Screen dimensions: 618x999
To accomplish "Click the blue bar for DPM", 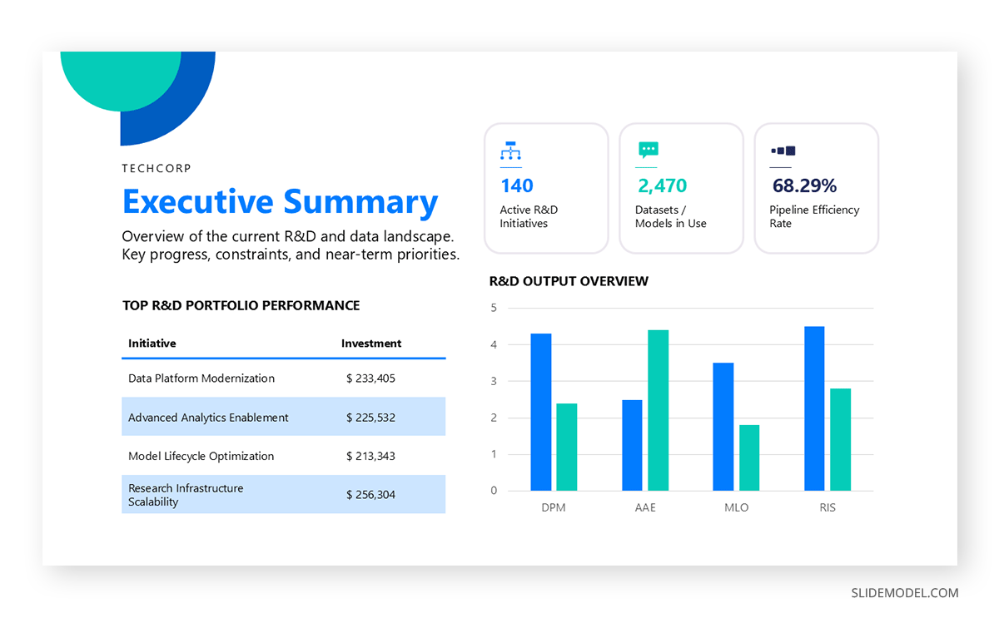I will (541, 412).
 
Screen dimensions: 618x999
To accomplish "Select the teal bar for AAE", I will (658, 410).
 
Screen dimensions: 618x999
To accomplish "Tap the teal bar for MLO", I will (749, 457).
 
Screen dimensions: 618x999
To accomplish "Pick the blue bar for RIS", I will (814, 408).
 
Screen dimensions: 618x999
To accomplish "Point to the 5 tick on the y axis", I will (494, 308).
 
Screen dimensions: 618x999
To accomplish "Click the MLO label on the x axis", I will (737, 507).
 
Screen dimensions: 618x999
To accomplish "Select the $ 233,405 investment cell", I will (370, 378).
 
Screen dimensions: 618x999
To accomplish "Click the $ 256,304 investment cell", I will (370, 495).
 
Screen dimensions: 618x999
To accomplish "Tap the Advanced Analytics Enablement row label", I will (208, 418).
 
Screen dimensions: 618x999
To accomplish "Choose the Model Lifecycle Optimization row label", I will (201, 456).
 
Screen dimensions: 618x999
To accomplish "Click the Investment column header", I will (371, 344).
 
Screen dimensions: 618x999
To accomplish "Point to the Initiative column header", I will (152, 344).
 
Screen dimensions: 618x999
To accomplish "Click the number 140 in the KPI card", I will (516, 185).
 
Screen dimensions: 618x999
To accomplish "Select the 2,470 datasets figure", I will (662, 185).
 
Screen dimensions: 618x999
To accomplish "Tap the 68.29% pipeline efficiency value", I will (804, 185).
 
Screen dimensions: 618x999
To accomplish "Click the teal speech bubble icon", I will (648, 151).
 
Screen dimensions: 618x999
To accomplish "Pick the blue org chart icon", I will (509, 151).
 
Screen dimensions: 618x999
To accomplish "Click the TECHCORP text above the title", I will (157, 168).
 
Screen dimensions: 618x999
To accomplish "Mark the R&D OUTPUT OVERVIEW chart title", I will (569, 281).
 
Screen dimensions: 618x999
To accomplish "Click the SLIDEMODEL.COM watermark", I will (904, 593).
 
